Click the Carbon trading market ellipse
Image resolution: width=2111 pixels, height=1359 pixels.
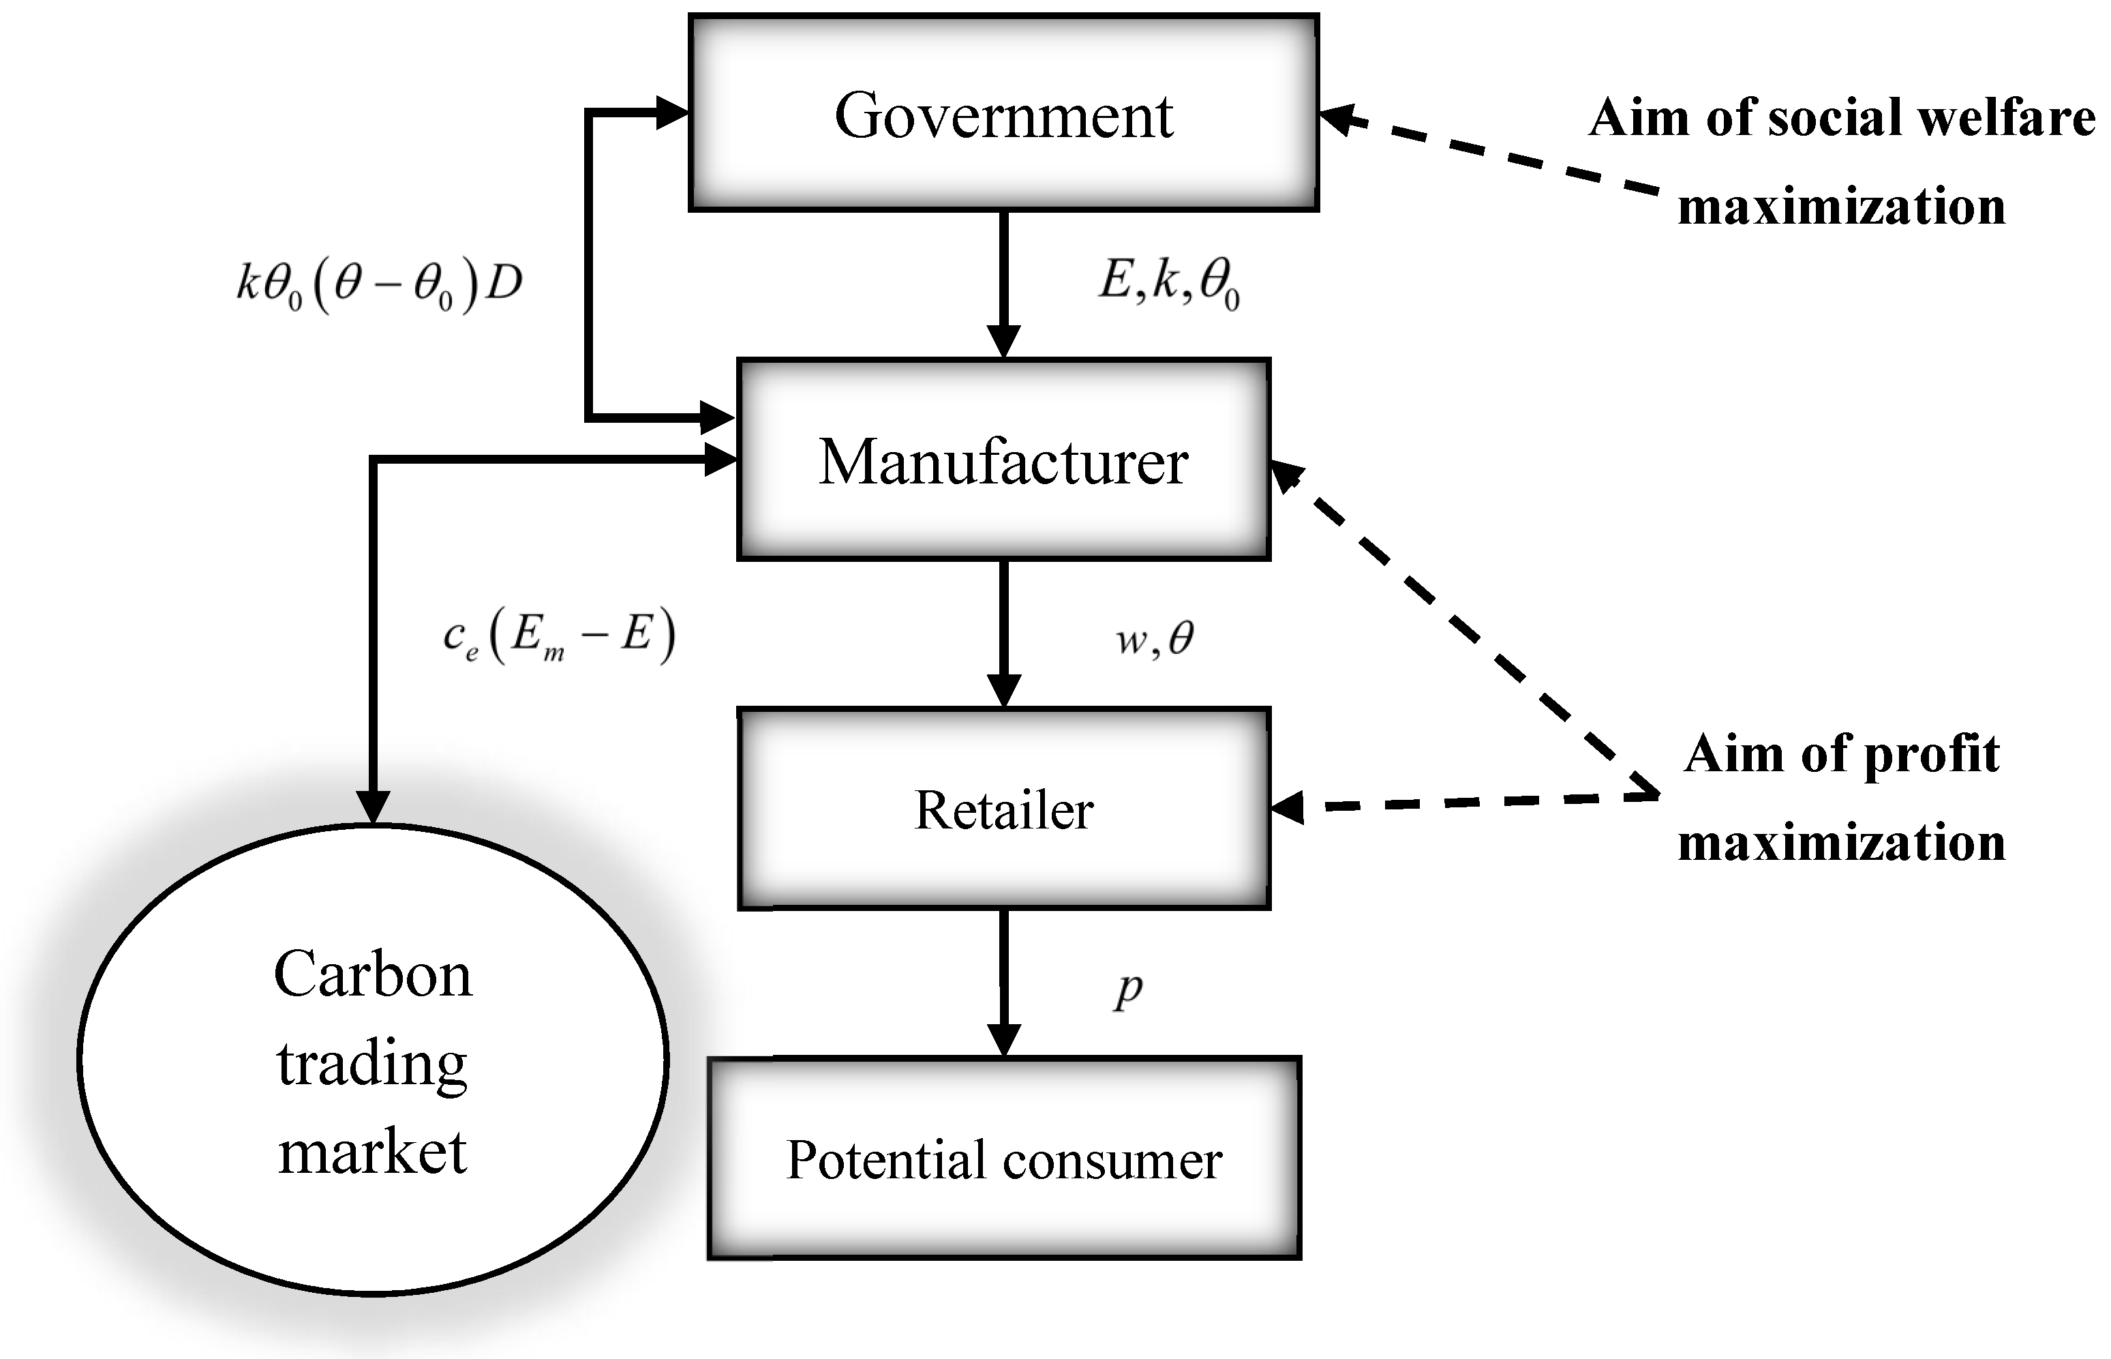pyautogui.click(x=372, y=1059)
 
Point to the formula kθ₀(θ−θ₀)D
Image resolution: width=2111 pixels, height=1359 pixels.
pyautogui.click(x=380, y=285)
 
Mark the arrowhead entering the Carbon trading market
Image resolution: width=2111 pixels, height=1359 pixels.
pyautogui.click(x=373, y=805)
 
